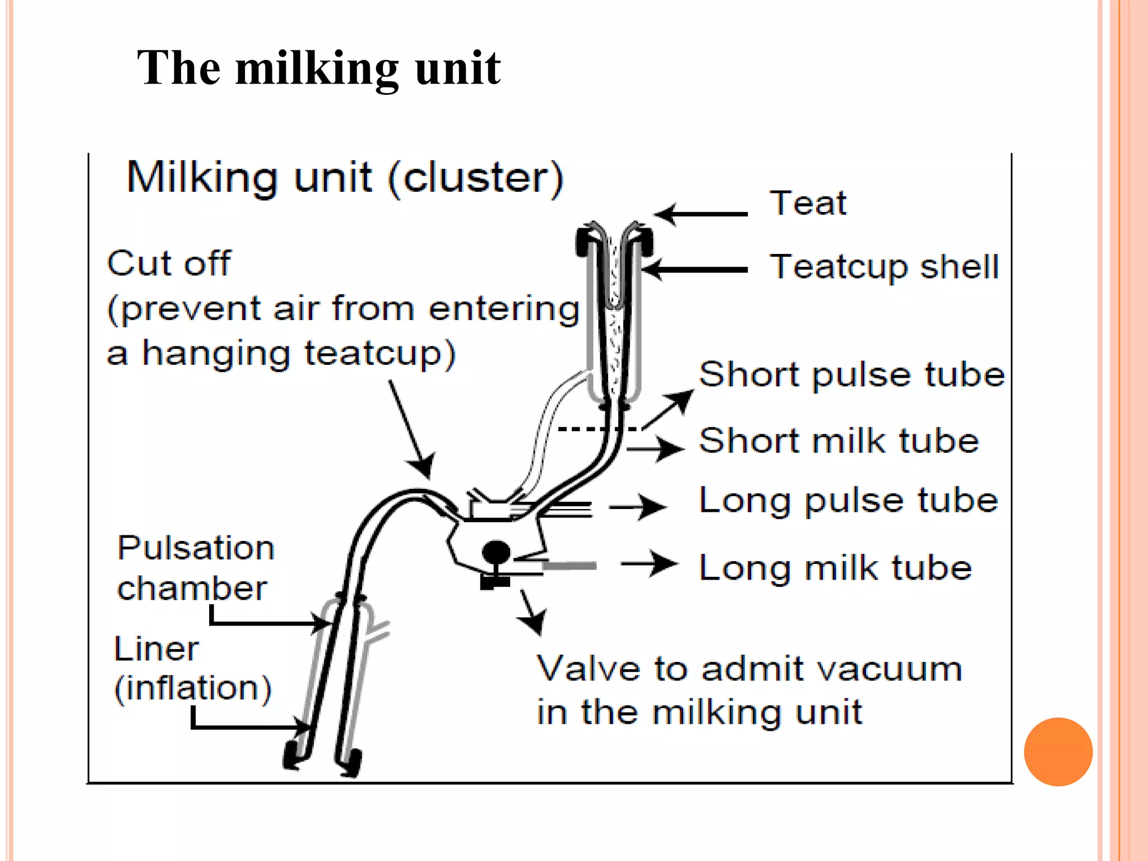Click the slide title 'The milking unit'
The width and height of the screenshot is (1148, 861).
318,68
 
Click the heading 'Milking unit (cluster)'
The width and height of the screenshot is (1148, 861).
345,178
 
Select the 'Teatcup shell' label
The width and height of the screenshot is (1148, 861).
884,266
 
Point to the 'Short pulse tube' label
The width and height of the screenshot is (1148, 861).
851,374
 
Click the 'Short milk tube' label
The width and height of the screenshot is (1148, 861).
839,441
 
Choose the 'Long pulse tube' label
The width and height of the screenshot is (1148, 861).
848,501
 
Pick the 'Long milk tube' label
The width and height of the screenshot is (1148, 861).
835,568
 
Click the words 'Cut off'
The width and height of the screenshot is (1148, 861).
169,263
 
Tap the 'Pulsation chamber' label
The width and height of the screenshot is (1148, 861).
195,568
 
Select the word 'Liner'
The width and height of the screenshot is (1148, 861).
156,649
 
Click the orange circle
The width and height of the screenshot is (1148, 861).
1058,752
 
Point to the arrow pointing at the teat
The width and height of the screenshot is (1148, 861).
701,214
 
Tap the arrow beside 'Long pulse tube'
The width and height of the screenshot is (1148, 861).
637,507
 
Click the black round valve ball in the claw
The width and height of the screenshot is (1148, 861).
496,552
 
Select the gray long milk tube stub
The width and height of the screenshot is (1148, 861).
569,566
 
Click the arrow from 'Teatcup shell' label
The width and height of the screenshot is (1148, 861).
695,270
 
